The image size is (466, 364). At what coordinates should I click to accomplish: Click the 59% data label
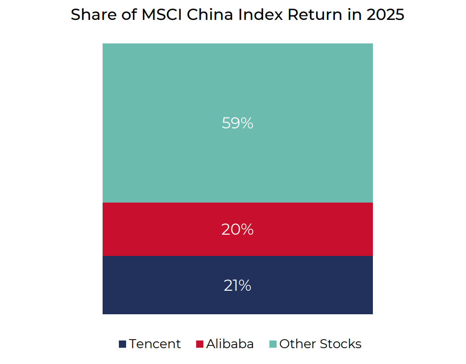point(237,123)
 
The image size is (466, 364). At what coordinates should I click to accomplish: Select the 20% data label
point(237,230)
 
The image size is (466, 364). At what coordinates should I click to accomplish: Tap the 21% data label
point(237,286)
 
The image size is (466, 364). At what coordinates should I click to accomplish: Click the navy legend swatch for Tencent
point(122,344)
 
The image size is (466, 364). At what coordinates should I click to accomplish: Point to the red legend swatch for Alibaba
point(200,344)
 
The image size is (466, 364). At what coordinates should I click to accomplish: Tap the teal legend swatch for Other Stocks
point(273,344)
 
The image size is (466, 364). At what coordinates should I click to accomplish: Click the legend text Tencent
point(155,344)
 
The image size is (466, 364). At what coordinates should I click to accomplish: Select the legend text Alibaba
point(230,344)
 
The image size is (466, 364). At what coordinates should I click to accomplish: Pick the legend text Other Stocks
point(320,344)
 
